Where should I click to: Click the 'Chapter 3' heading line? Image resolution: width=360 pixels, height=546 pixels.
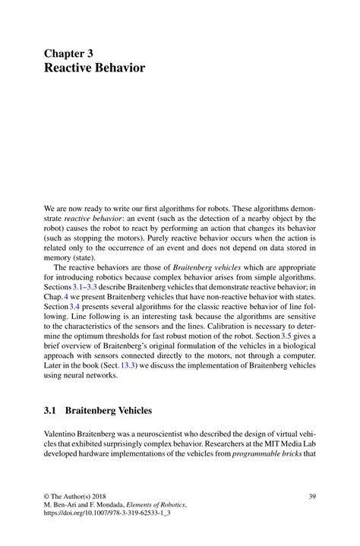[73, 54]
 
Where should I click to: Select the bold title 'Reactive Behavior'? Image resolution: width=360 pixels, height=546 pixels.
[94, 68]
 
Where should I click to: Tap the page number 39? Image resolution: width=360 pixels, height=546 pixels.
[312, 497]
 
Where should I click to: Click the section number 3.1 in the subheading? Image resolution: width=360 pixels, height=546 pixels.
[51, 411]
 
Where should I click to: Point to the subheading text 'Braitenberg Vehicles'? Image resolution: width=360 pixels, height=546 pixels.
[109, 411]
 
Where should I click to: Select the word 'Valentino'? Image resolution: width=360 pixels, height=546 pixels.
[62, 433]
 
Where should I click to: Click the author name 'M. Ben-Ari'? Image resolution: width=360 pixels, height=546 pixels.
[62, 506]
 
